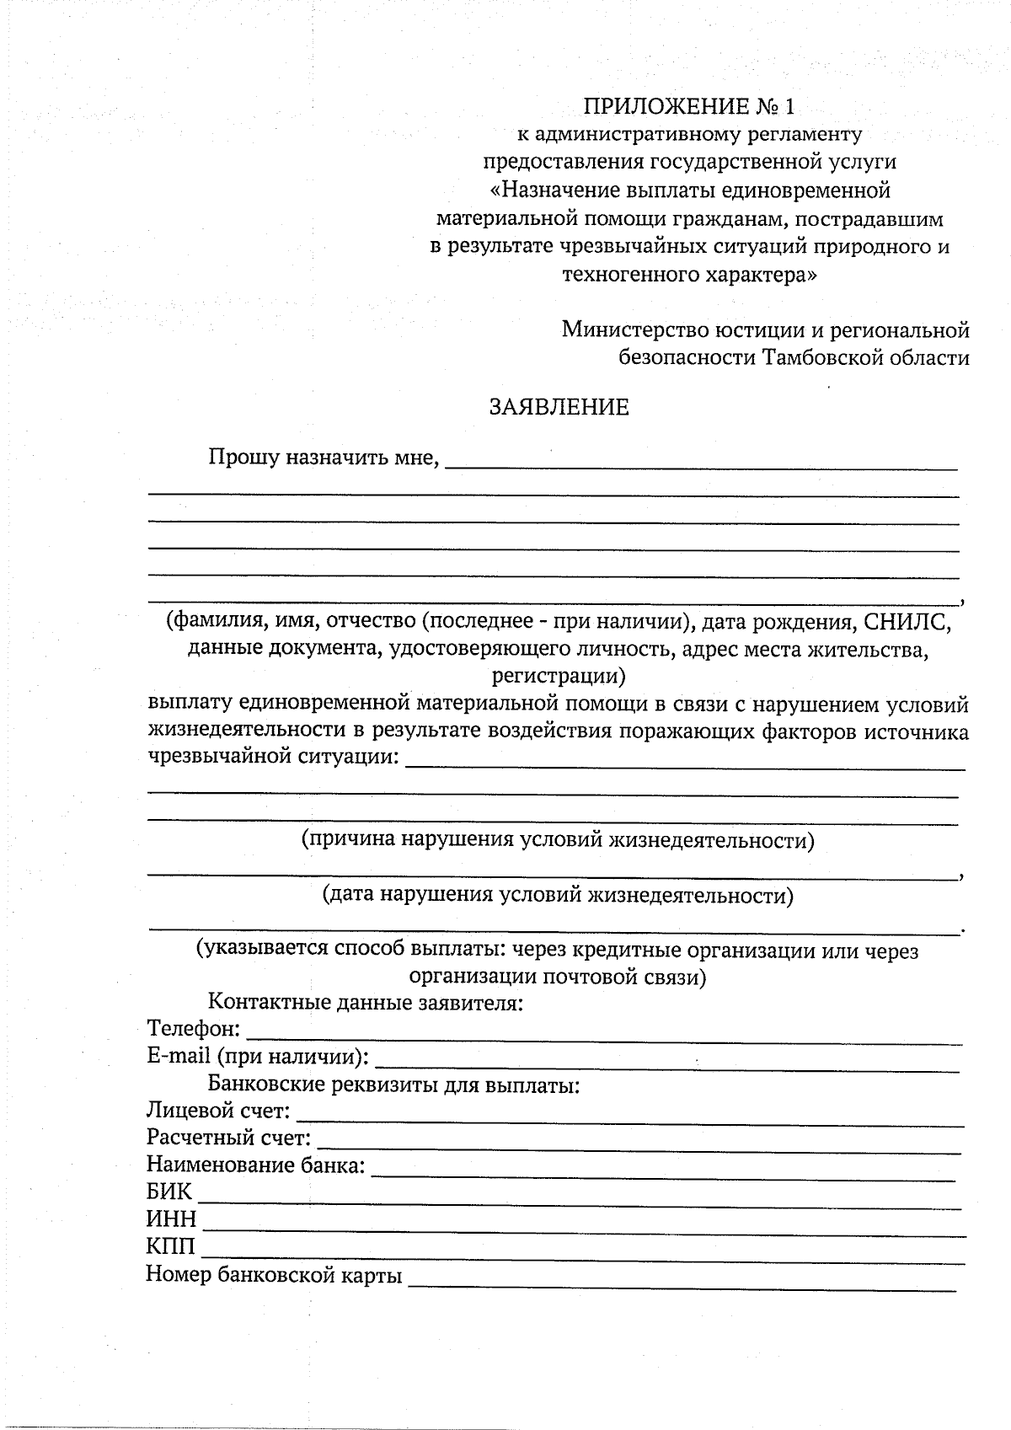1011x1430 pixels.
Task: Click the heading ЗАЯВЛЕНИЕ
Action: (x=559, y=408)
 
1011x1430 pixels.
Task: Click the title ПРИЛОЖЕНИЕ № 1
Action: (x=688, y=107)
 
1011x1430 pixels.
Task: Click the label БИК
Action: (x=169, y=1192)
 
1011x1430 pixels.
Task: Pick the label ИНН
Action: (x=171, y=1219)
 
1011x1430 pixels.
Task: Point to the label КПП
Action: (x=170, y=1246)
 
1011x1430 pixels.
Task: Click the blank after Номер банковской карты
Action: (x=682, y=1281)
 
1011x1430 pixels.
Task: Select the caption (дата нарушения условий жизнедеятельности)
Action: (x=558, y=895)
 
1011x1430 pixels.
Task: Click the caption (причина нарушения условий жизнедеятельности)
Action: (x=558, y=840)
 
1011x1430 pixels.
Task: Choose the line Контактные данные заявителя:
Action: (x=366, y=1003)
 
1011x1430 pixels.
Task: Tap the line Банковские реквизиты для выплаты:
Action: (x=393, y=1085)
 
